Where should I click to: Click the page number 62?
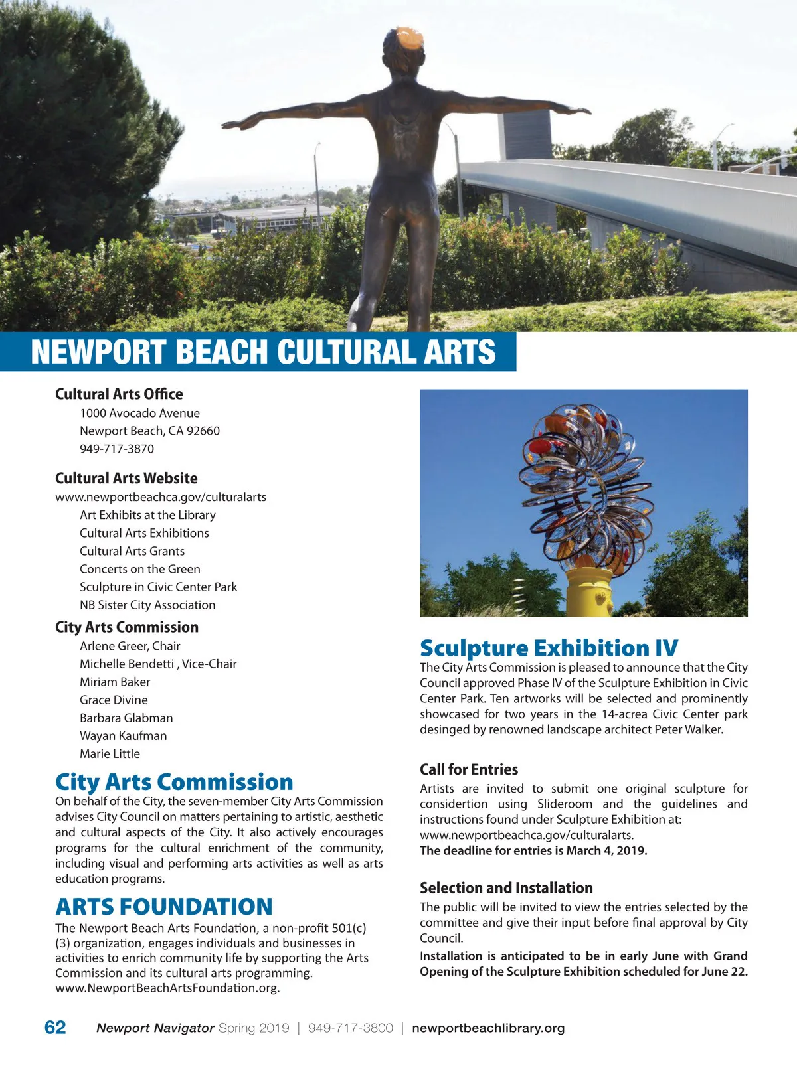[55, 1028]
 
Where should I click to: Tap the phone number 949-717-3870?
[117, 449]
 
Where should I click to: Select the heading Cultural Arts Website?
[126, 478]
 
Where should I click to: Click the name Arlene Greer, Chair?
[130, 646]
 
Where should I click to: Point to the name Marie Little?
[110, 753]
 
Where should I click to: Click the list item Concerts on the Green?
[140, 569]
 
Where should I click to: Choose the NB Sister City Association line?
[147, 605]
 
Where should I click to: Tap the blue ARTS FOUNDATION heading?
[164, 907]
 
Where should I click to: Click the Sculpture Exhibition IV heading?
[549, 648]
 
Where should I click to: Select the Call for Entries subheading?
[469, 769]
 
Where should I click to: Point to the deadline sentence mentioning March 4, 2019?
[533, 850]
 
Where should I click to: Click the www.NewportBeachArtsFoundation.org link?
[167, 988]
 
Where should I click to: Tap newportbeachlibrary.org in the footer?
[488, 1028]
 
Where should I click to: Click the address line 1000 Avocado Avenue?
[139, 413]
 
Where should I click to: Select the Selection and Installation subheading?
[506, 888]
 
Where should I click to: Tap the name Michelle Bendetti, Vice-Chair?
[158, 664]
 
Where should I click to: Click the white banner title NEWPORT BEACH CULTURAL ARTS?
[263, 352]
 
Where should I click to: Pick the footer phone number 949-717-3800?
[351, 1028]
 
